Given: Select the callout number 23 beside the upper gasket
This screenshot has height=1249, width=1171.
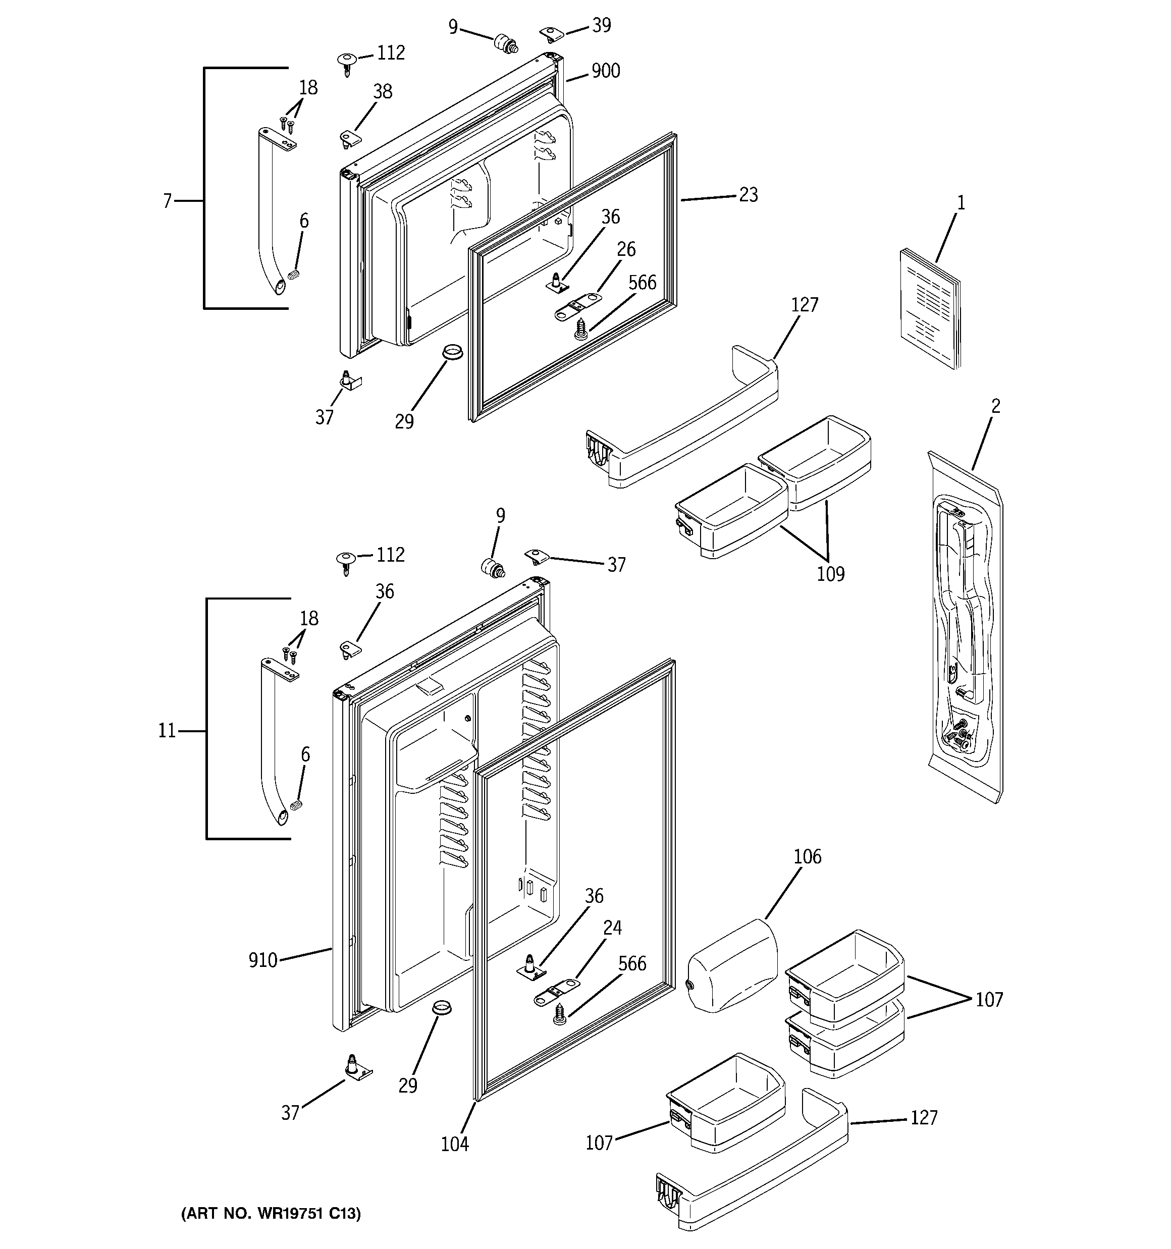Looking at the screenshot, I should click(x=748, y=195).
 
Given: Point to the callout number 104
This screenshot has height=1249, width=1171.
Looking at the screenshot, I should click(x=454, y=1144).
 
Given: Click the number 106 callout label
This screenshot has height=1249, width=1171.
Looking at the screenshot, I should click(x=807, y=856).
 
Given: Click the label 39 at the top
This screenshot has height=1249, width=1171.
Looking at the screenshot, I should click(x=601, y=25).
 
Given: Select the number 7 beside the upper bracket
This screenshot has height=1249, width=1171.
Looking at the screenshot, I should click(x=167, y=201).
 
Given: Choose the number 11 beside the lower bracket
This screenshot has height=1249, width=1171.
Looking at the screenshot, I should click(x=167, y=731).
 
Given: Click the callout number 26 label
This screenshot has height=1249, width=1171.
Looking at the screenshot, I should click(x=626, y=249).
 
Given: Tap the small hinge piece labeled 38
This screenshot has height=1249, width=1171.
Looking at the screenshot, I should click(x=348, y=138).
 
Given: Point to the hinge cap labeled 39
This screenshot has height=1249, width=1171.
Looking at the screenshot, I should click(x=551, y=33).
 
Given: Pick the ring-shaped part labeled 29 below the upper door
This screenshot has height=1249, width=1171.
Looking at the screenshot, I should click(x=451, y=351).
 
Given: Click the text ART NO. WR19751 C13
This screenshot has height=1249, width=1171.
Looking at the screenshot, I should click(x=271, y=1214).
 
